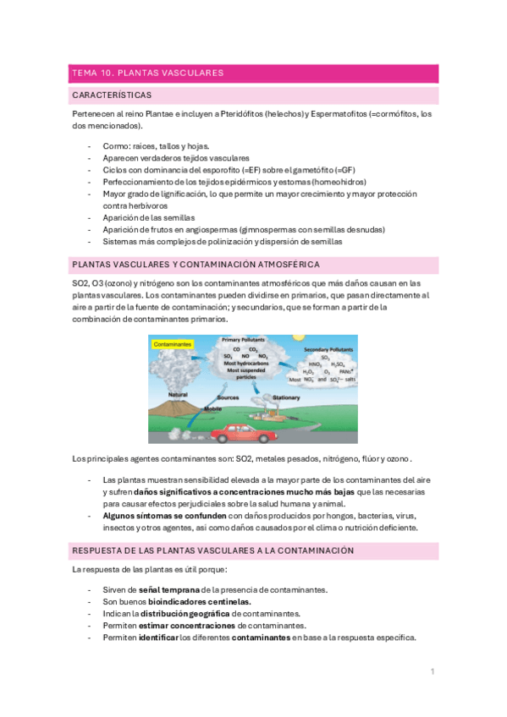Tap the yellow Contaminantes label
tap(173, 345)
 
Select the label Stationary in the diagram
tap(287, 397)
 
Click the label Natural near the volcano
tap(178, 395)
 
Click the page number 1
tap(432, 671)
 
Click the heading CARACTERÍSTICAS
tap(113, 96)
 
